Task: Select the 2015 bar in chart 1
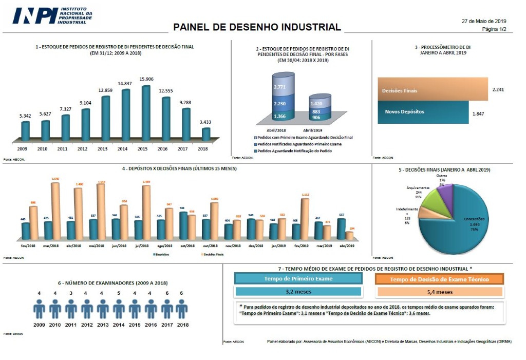coord(146,113)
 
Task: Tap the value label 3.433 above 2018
coord(205,122)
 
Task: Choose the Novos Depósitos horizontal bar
coord(423,111)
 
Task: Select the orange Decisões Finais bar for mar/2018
coord(55,211)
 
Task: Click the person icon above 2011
coord(71,309)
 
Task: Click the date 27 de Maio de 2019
coord(484,21)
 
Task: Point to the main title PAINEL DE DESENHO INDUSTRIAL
coord(257,27)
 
